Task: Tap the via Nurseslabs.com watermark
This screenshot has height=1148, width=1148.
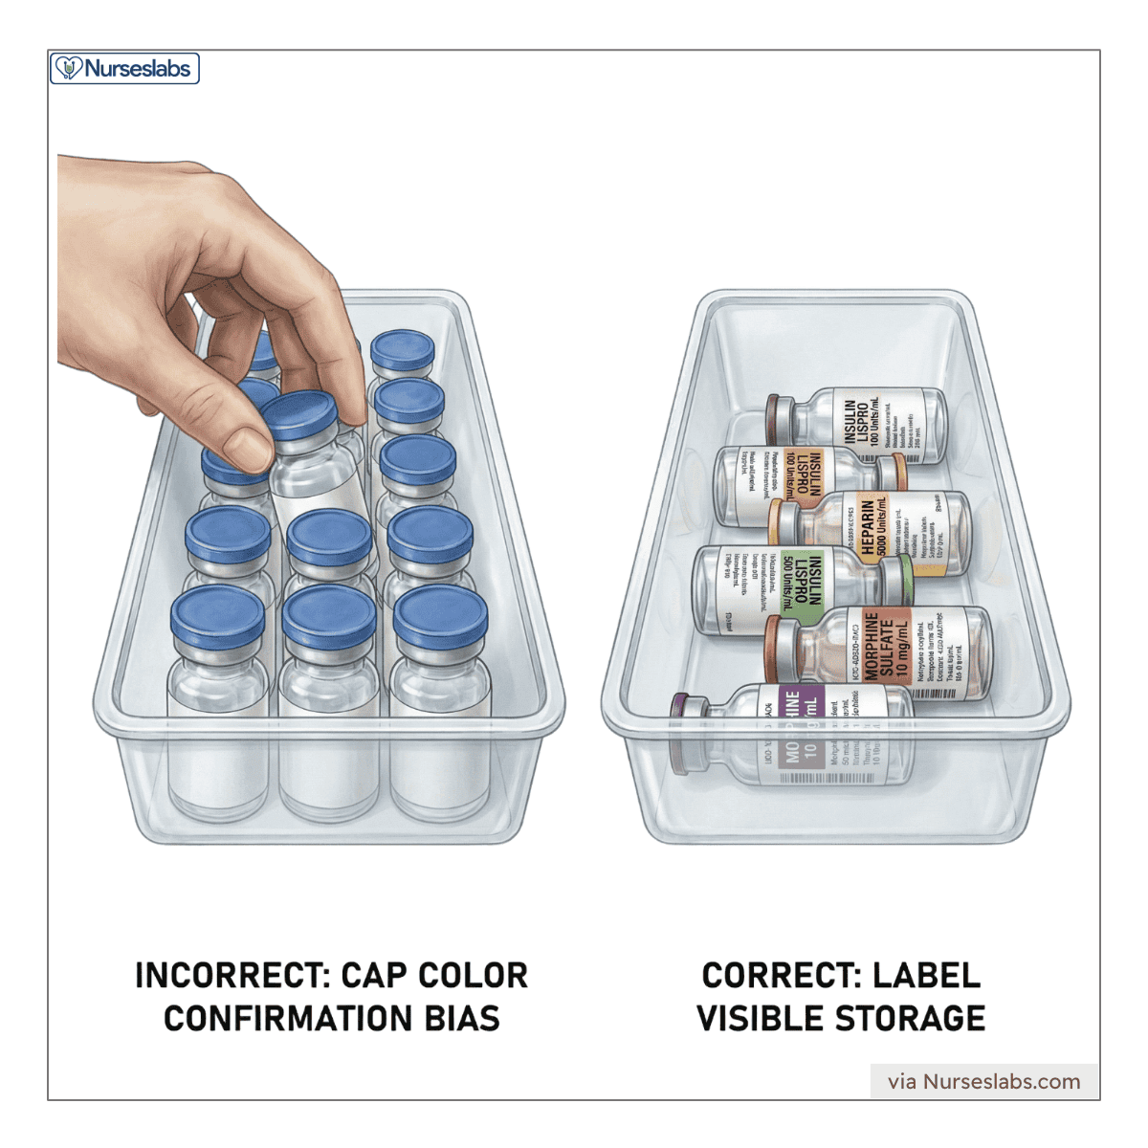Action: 983,1082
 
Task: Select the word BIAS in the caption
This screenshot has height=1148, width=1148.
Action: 463,1019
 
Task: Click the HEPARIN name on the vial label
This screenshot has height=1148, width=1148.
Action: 868,527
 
